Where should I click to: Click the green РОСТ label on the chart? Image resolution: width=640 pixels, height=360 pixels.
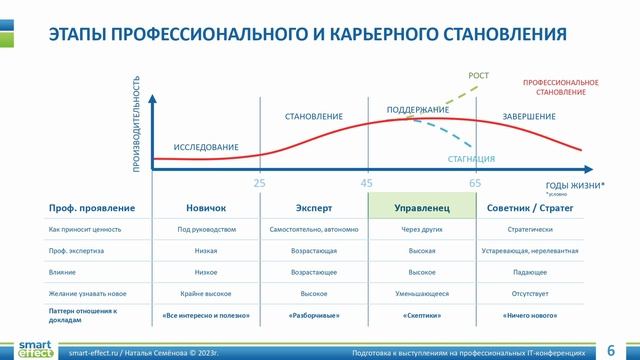[x=479, y=76]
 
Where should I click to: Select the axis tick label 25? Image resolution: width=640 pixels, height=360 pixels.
[x=259, y=184]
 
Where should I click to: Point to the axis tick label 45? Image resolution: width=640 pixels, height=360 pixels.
[x=367, y=184]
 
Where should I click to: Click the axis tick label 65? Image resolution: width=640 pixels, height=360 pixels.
[x=474, y=184]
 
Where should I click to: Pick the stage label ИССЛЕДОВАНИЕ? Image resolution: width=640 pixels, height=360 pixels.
[x=206, y=148]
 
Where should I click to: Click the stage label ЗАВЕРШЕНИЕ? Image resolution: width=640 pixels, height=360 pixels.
[x=529, y=117]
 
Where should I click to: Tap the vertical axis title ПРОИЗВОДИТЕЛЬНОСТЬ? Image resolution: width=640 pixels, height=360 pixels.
[x=137, y=128]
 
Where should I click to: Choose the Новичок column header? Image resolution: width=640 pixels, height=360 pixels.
[x=206, y=207]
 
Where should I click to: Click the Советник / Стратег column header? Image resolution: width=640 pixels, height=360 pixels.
[x=529, y=207]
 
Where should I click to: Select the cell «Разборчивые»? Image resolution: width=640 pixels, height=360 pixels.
[x=314, y=315]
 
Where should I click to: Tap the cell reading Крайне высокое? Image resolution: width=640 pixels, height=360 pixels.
[x=206, y=293]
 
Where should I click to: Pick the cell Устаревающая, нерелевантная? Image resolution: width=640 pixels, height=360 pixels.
[x=529, y=250]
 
